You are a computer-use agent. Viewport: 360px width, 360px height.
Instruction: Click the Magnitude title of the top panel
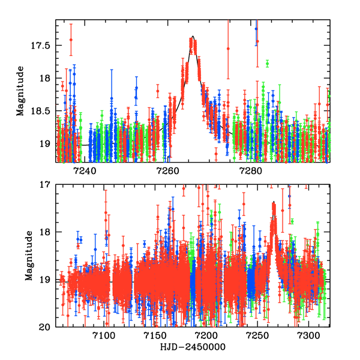(x=20, y=91)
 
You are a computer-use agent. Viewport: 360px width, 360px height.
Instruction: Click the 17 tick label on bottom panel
(x=48, y=185)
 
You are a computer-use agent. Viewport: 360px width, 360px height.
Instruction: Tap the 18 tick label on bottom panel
(x=48, y=232)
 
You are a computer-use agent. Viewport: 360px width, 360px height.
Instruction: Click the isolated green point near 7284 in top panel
(x=267, y=63)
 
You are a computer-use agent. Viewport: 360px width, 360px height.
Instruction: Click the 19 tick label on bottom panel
(x=48, y=280)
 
